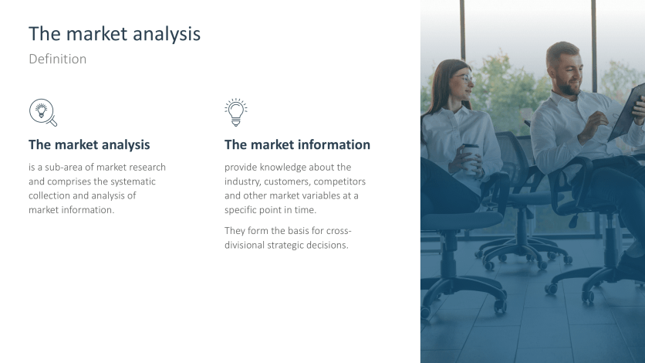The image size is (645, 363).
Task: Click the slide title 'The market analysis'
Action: click(114, 34)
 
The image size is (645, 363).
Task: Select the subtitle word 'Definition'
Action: click(57, 59)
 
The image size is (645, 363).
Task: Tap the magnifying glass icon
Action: click(42, 112)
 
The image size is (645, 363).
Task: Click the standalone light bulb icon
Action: click(236, 112)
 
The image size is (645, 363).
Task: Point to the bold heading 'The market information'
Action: click(297, 144)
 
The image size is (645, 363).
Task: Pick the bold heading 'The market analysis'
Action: click(89, 144)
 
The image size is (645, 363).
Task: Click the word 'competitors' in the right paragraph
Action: click(340, 181)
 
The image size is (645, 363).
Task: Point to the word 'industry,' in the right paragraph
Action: click(243, 181)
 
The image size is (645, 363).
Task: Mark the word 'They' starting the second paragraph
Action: click(235, 231)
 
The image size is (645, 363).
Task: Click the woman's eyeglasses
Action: click(463, 78)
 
